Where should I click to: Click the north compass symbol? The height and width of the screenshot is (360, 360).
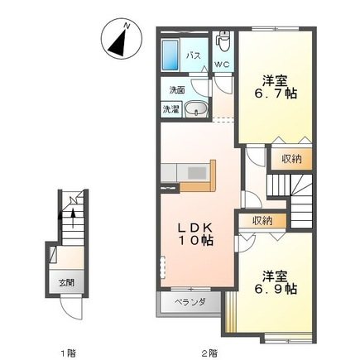pos(122,38)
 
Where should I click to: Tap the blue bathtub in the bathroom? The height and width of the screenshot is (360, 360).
pos(170,55)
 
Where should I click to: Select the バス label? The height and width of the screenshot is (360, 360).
pos(193,56)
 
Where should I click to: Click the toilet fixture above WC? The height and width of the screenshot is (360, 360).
pos(223,41)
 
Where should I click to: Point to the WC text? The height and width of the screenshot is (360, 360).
pos(223,65)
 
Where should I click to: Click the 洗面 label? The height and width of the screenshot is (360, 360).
pos(177,90)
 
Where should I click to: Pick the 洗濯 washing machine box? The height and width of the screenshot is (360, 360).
pos(170,109)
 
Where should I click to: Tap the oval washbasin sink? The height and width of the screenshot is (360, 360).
pos(196,108)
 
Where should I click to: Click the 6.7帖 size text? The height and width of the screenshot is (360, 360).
pos(276,94)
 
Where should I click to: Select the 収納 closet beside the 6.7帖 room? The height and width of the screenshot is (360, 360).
pos(291,159)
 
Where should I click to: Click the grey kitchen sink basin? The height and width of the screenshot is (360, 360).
pos(197,173)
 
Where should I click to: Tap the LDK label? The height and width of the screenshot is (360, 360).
pos(195,228)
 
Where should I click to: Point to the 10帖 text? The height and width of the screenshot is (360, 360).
pos(196,241)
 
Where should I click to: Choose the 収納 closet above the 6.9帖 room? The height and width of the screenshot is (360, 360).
pos(262,220)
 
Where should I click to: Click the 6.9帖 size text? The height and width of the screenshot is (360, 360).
pos(276,290)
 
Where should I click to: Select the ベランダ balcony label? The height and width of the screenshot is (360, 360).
pos(190,302)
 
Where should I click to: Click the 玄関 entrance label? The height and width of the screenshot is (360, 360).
pos(66,282)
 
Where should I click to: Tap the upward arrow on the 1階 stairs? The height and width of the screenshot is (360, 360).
pos(73,218)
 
